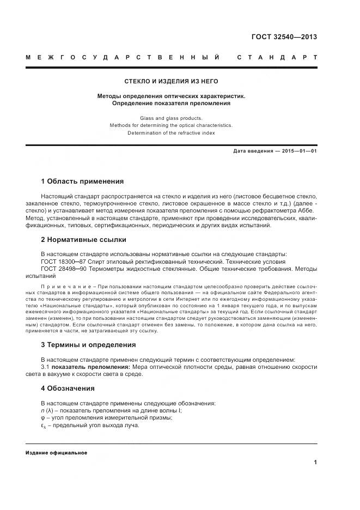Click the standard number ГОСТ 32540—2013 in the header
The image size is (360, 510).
(283, 37)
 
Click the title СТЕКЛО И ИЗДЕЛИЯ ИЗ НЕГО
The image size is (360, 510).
(171, 81)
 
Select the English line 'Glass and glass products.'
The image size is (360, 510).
(171, 118)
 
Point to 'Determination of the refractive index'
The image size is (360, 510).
(171, 132)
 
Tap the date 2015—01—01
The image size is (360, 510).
(299, 151)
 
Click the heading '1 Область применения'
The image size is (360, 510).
(82, 181)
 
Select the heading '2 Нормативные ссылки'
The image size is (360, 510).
(83, 239)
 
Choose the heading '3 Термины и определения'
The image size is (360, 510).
(88, 345)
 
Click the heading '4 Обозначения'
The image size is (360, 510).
(68, 388)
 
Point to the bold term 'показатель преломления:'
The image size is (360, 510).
(86, 367)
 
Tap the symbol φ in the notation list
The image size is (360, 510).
(43, 418)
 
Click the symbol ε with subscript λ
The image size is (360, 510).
(44, 426)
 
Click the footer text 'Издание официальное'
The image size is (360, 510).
(56, 453)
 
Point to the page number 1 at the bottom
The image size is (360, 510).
(315, 463)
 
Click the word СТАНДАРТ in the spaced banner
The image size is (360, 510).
(277, 57)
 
